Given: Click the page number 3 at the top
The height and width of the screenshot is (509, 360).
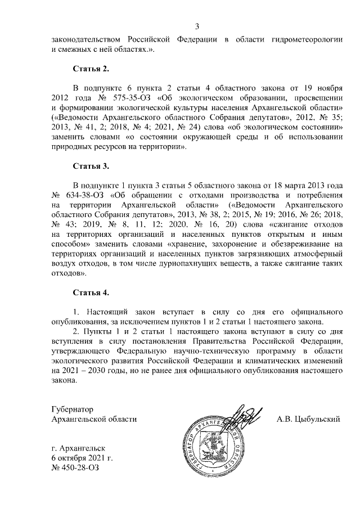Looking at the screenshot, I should click(x=197, y=26).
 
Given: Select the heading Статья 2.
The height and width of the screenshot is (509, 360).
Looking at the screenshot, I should click(x=91, y=69).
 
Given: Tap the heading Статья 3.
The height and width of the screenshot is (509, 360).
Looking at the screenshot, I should click(x=91, y=166).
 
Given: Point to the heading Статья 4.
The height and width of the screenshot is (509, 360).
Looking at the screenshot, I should click(x=91, y=293).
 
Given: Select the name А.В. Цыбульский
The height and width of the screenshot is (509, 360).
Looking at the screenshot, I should click(x=309, y=419).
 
